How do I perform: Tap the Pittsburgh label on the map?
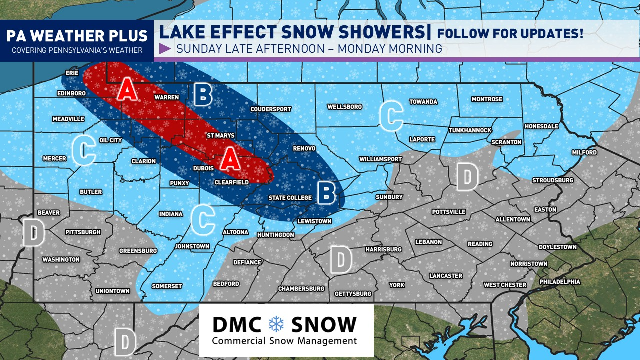pyautogui.click(x=83, y=232)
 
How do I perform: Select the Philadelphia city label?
pyautogui.click(x=559, y=282)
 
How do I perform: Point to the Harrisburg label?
pyautogui.click(x=383, y=249)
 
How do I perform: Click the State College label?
pyautogui.click(x=290, y=198)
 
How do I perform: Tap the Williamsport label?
pyautogui.click(x=380, y=159)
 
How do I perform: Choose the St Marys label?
pyautogui.click(x=221, y=136)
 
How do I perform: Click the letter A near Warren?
pyautogui.click(x=127, y=90)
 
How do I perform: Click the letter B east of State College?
pyautogui.click(x=327, y=193)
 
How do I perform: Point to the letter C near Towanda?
pyautogui.click(x=391, y=116)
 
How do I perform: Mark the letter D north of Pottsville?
pyautogui.click(x=467, y=177)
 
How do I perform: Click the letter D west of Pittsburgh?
pyautogui.click(x=34, y=233)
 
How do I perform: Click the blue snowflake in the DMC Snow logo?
pyautogui.click(x=276, y=324)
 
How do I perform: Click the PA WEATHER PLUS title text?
pyautogui.click(x=77, y=36)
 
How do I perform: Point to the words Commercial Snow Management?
pyautogui.click(x=284, y=341)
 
